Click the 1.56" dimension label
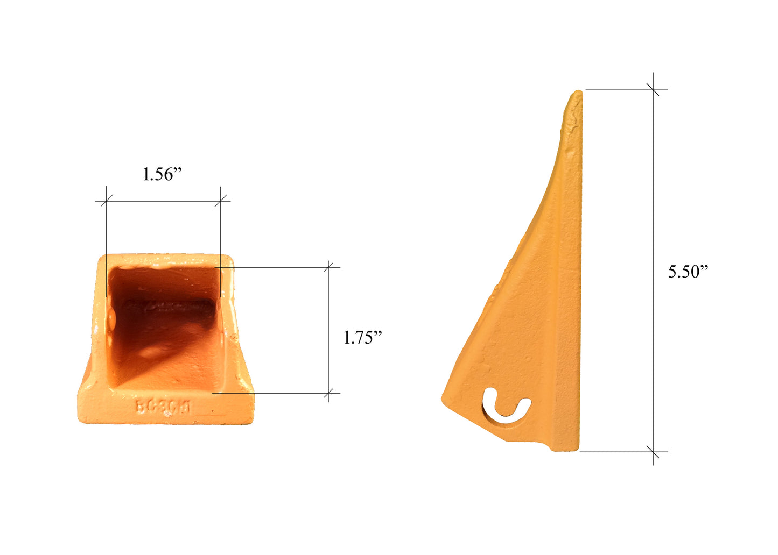(162, 174)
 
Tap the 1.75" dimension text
(362, 338)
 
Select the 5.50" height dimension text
(688, 272)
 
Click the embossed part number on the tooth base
(163, 407)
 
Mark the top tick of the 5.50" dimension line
(653, 89)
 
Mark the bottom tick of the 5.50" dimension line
(653, 452)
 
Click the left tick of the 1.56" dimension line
(106, 201)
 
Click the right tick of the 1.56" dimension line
(221, 201)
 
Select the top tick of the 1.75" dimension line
(329, 267)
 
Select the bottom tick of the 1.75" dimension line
(329, 393)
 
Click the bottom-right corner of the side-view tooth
(577, 450)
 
